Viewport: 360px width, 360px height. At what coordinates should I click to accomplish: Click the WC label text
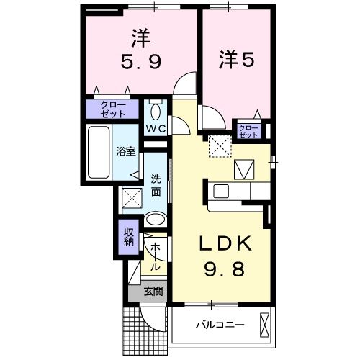click(x=157, y=128)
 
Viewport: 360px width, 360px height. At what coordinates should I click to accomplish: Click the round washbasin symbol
click(x=154, y=220)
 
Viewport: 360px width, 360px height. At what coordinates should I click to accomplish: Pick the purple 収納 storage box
click(x=128, y=238)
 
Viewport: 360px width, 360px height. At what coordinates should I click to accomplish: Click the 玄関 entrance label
click(x=152, y=292)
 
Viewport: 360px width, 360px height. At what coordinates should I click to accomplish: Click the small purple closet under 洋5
click(x=248, y=130)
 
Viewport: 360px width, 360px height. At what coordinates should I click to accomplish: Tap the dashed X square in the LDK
click(x=217, y=147)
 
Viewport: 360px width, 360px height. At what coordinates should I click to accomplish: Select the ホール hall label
click(x=154, y=255)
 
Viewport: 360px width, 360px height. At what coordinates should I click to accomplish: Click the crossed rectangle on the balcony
click(x=265, y=324)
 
